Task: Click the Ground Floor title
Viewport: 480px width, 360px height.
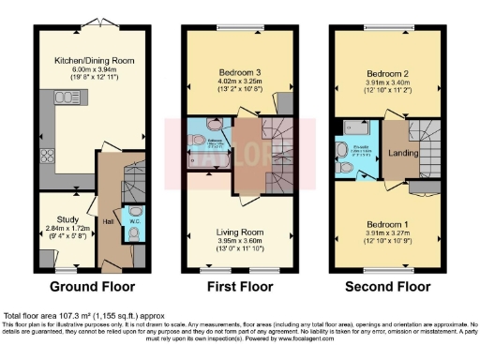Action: coord(92,286)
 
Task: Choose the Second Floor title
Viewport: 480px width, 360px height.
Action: coord(387,286)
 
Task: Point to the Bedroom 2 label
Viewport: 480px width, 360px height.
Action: coord(385,72)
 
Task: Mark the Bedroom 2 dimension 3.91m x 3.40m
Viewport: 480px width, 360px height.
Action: coord(385,82)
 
